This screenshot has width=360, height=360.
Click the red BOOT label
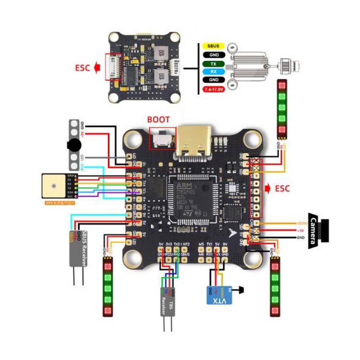click(159, 120)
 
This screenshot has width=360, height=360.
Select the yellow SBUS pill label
click(211, 46)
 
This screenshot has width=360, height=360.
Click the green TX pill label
click(211, 64)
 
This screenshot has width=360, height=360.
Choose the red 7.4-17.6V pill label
click(211, 89)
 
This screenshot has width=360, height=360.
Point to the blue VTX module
click(218, 295)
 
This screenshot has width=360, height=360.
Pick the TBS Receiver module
click(169, 302)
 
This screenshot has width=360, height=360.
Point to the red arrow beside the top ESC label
click(97, 68)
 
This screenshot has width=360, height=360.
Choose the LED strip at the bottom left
click(108, 288)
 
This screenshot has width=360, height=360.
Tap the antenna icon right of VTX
click(242, 290)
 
